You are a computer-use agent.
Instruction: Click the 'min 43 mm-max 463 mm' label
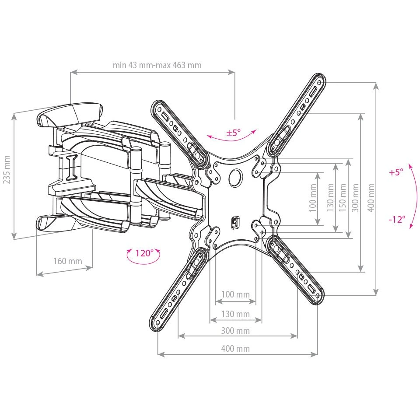pyautogui.click(x=157, y=65)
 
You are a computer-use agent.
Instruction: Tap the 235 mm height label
pyautogui.click(x=7, y=170)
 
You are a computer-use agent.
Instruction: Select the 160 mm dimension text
pyautogui.click(x=68, y=261)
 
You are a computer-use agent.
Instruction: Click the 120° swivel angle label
pyautogui.click(x=144, y=253)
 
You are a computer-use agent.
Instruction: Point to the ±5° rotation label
pyautogui.click(x=234, y=132)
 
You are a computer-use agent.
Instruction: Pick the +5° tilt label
pyautogui.click(x=396, y=172)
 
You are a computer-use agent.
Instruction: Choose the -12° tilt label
pyautogui.click(x=397, y=219)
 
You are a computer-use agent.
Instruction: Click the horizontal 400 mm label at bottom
pyautogui.click(x=235, y=349)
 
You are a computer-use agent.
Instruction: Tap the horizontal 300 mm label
pyautogui.click(x=235, y=331)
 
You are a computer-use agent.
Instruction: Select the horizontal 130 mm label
pyautogui.click(x=235, y=314)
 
